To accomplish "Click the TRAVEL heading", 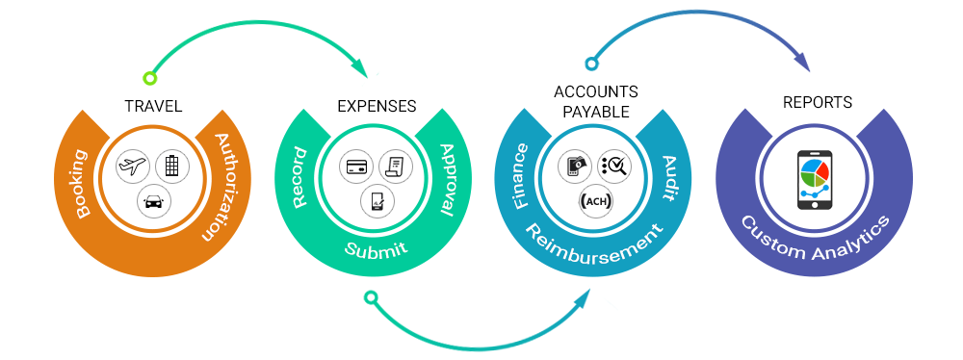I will click(x=153, y=105).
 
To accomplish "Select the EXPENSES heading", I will click(x=377, y=105).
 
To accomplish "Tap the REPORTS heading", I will click(x=816, y=101).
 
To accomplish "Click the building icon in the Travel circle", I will click(x=172, y=166).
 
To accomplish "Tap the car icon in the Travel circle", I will click(x=153, y=200).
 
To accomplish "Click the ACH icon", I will click(x=594, y=200).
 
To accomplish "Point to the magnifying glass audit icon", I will click(x=613, y=167).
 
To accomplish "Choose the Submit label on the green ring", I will click(x=376, y=249).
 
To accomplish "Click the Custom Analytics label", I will click(x=816, y=241).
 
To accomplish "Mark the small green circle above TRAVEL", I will click(x=148, y=78).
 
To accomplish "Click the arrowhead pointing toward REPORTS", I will click(x=801, y=62).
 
